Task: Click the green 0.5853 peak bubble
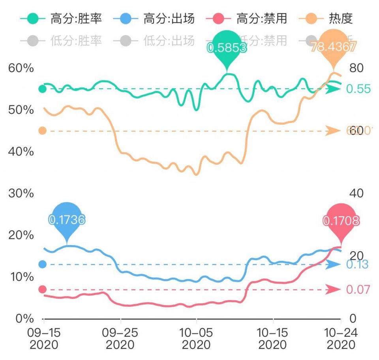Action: click(227, 47)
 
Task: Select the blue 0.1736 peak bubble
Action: click(67, 219)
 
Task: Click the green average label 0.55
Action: click(358, 89)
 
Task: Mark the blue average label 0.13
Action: click(357, 265)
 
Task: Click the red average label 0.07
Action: click(358, 290)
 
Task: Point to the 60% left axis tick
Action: click(21, 68)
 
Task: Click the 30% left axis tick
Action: click(21, 194)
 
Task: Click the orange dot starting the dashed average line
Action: click(42, 131)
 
